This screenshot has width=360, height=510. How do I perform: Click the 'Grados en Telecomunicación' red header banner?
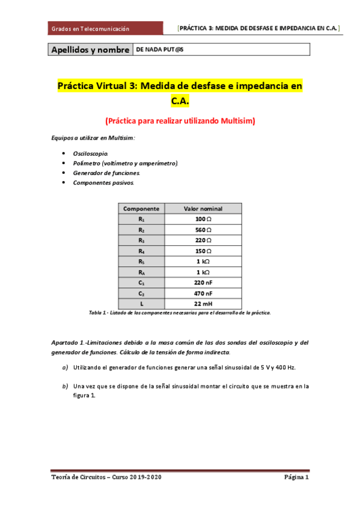105,28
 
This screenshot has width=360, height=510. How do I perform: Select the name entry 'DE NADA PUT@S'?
160,49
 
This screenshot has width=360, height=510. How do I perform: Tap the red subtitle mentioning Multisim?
180,120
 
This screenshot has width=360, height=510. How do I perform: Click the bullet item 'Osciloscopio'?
91,154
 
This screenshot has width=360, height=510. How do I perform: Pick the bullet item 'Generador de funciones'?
106,173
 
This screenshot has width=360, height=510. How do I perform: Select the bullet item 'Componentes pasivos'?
103,182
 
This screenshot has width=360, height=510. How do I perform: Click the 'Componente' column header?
141,209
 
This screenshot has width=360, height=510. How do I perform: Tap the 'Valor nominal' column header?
203,209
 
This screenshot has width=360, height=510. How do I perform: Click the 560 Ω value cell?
203,230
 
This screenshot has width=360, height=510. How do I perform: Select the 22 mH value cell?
203,303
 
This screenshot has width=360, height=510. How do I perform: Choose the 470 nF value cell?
203,293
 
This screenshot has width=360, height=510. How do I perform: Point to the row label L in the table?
141,303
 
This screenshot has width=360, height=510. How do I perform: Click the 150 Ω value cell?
203,251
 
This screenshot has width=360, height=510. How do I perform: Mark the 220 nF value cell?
203,282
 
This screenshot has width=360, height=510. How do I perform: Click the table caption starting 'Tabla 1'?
180,313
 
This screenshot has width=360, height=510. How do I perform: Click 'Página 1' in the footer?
296,477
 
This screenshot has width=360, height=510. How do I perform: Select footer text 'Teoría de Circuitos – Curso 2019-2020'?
106,477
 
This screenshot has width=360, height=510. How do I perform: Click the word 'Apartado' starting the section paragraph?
64,342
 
